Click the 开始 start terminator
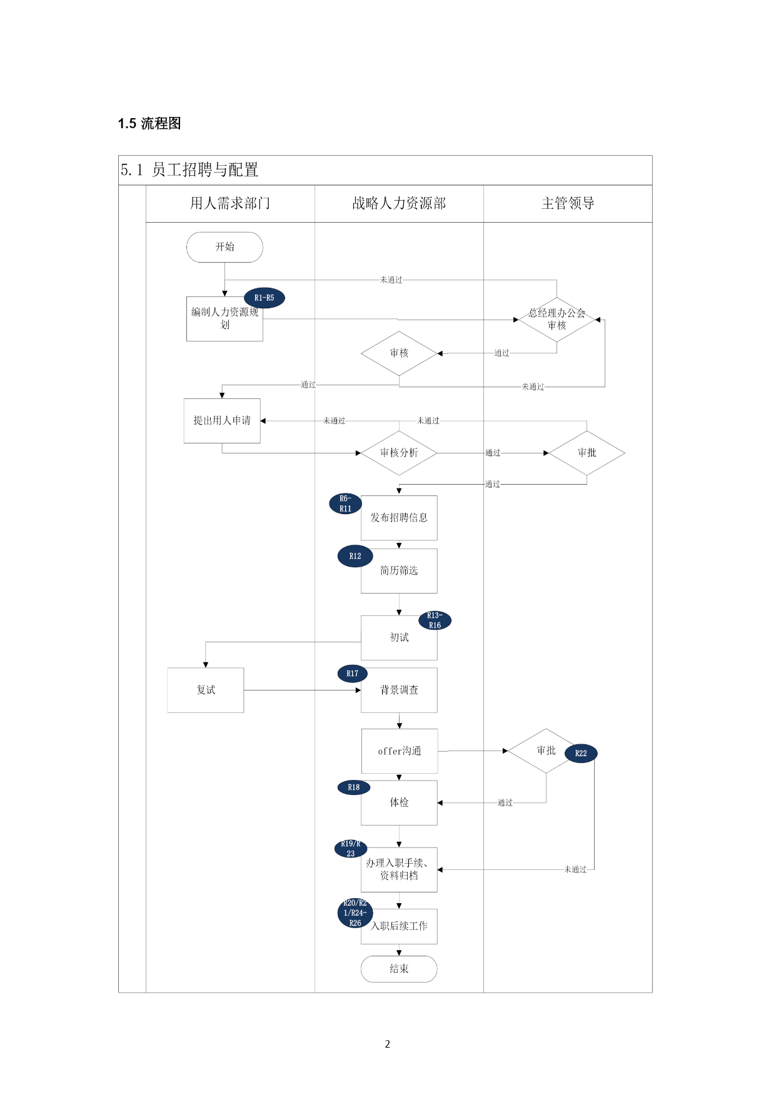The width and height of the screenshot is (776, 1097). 224,247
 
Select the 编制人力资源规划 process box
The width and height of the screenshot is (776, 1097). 224,319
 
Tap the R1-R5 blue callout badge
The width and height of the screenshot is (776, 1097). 265,298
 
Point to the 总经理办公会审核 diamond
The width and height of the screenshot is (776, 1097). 557,320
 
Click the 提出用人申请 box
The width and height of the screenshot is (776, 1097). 222,421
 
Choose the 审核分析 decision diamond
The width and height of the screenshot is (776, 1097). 399,453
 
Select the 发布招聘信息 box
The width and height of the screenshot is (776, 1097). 399,518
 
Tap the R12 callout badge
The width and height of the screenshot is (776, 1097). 355,556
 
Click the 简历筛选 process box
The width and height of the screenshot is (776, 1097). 399,571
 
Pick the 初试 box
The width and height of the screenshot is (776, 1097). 399,638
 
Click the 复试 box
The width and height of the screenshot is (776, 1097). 206,690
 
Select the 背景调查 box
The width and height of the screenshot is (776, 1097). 399,690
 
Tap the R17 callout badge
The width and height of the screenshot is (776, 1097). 353,674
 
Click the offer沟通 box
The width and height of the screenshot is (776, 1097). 400,751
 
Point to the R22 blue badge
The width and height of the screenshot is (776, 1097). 581,753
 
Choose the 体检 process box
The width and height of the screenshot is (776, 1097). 399,803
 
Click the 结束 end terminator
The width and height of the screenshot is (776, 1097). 399,969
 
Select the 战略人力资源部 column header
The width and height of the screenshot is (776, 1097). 399,203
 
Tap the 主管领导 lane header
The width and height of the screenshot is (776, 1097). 568,203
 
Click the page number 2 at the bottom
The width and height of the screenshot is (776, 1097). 388,1044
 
